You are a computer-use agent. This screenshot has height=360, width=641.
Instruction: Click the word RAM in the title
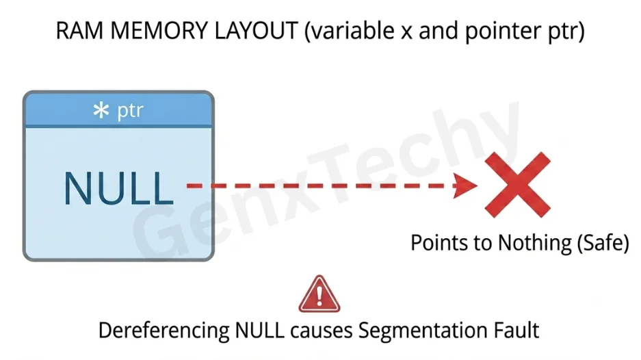tap(79, 31)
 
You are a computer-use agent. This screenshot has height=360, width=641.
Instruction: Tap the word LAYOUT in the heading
tap(257, 31)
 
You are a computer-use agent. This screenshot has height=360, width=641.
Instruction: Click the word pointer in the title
tap(502, 32)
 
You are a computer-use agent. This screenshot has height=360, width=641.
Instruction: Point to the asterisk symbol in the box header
tap(101, 110)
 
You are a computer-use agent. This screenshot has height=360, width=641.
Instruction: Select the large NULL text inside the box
tap(118, 188)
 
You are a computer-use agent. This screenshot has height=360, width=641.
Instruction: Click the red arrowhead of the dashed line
tap(466, 185)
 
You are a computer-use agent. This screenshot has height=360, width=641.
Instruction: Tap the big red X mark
tap(518, 185)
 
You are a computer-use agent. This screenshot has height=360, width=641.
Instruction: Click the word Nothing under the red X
tap(534, 242)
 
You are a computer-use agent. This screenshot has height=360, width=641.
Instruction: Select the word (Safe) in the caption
tap(603, 243)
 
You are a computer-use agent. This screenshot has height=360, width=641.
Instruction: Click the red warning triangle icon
tap(319, 294)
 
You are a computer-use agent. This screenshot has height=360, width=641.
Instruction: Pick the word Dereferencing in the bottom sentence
tap(163, 331)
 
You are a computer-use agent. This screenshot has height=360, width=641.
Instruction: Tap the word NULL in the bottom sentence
tap(259, 330)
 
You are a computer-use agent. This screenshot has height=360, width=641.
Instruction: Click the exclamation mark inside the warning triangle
tap(319, 296)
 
